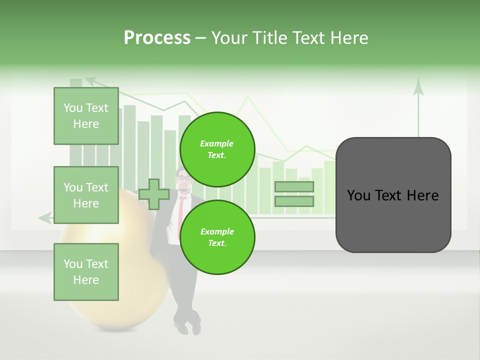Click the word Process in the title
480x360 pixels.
157,38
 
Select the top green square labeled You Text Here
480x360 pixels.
86,116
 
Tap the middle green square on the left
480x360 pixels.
86,195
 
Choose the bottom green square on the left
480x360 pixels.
86,272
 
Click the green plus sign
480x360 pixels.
153,194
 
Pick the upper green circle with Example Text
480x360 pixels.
217,149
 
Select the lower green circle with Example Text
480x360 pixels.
217,237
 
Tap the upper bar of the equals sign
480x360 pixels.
294,187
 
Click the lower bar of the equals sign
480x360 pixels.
294,201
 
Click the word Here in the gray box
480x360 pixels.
423,195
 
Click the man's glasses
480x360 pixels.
184,178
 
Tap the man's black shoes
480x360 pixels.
188,328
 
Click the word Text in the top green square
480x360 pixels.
97,108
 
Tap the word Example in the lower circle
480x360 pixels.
217,231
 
